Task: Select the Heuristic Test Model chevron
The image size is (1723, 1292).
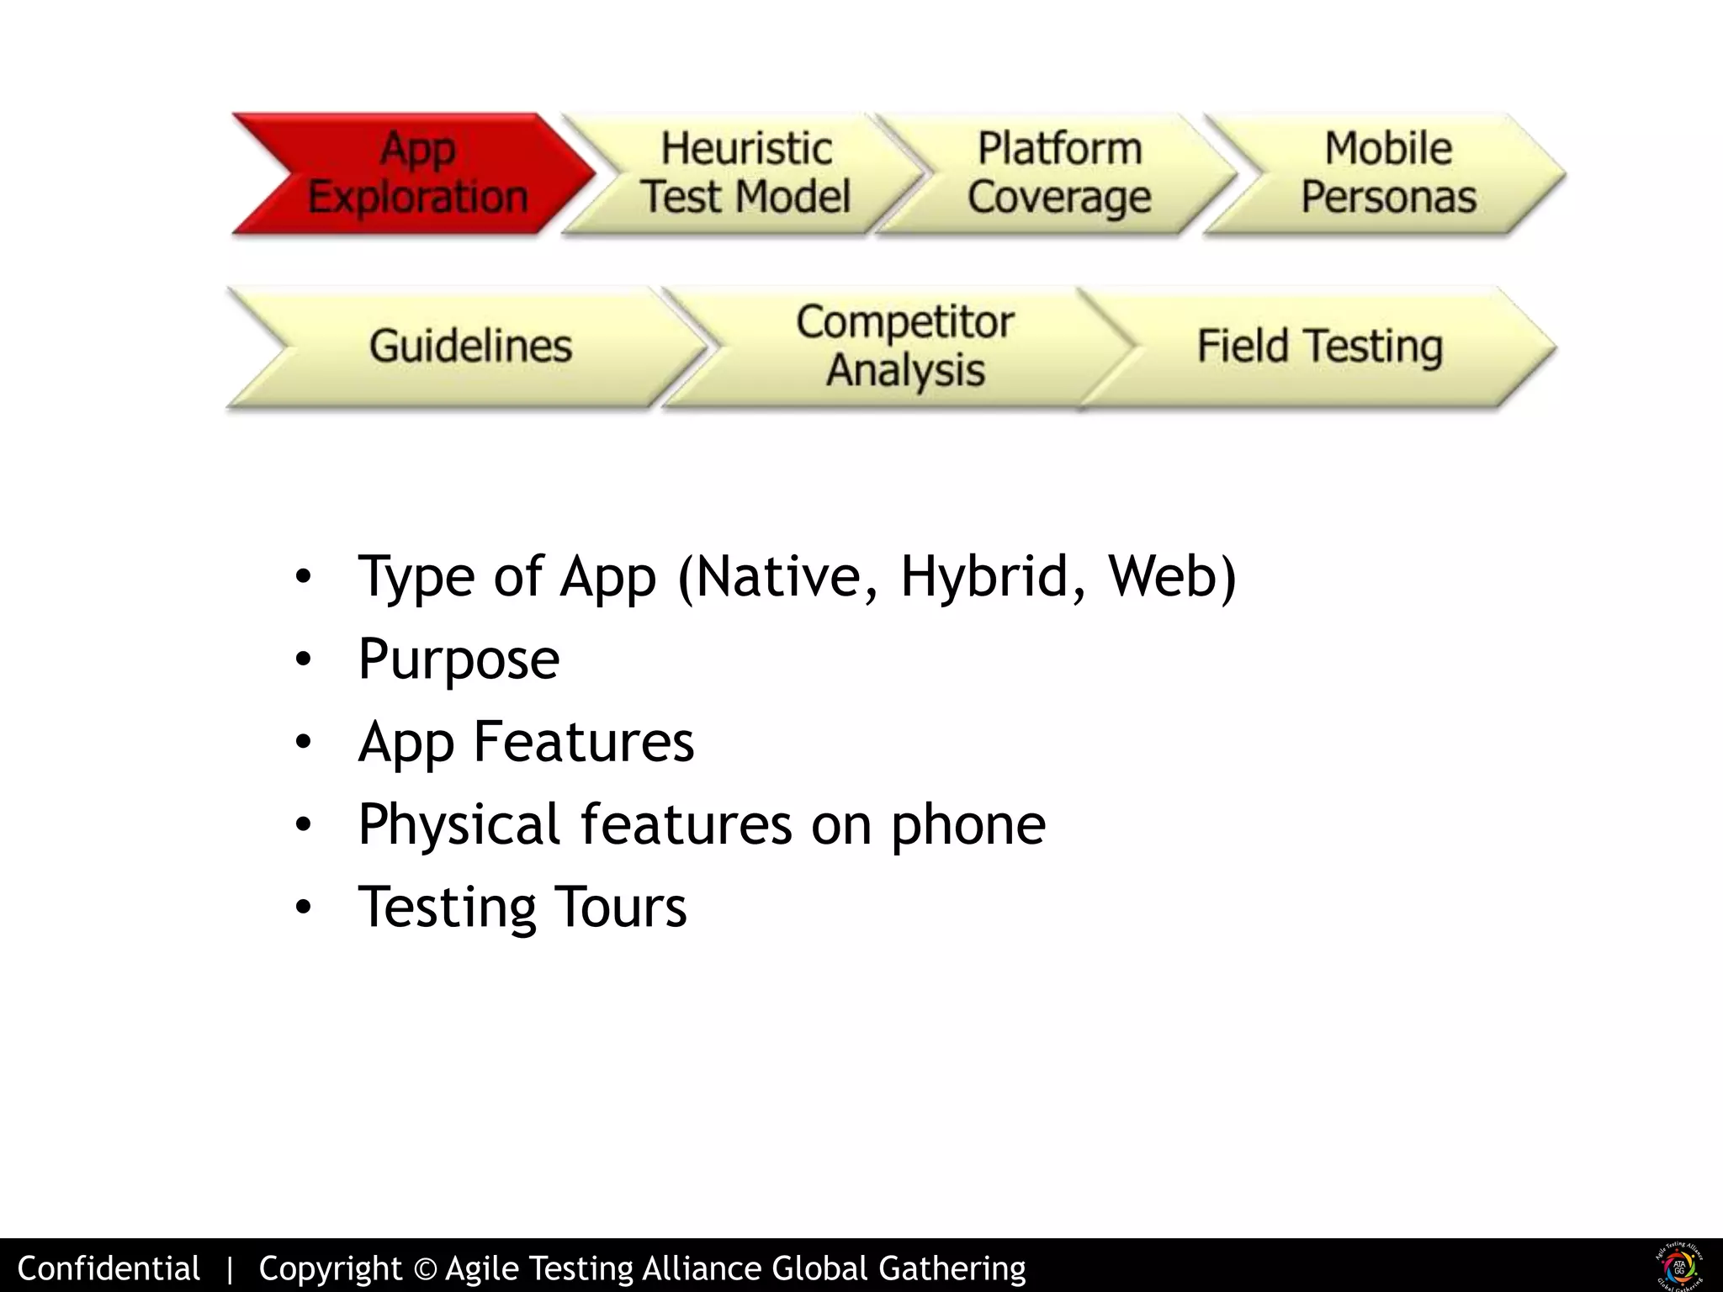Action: click(x=745, y=173)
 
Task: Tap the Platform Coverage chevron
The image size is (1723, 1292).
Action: click(x=1058, y=173)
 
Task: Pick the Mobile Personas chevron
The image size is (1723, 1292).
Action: click(x=1388, y=173)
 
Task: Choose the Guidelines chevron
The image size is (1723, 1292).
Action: click(x=470, y=347)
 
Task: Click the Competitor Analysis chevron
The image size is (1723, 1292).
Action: click(x=904, y=347)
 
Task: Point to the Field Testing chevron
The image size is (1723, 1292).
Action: click(x=1319, y=347)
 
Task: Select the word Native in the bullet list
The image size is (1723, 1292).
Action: click(x=787, y=577)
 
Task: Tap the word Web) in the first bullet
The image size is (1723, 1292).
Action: click(x=1172, y=577)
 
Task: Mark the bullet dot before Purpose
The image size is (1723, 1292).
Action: click(x=304, y=660)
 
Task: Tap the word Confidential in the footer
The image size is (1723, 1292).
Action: click(x=109, y=1268)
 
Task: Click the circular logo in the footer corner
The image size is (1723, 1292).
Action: click(x=1679, y=1266)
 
